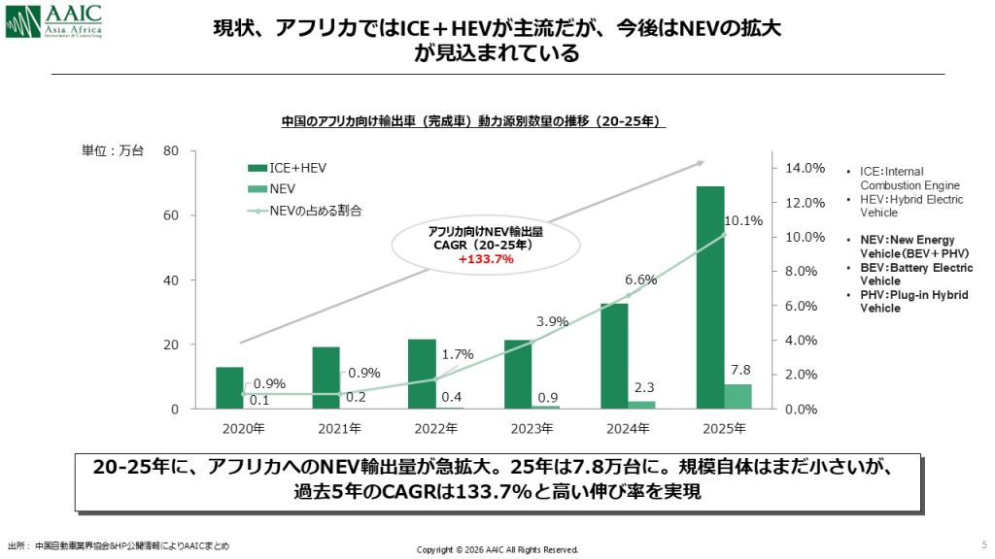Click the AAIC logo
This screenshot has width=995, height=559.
(x=65, y=22)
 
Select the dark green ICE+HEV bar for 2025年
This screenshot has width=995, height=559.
(x=710, y=297)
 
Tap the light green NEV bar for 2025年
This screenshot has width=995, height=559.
(x=738, y=396)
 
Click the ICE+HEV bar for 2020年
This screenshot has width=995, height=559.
(x=229, y=387)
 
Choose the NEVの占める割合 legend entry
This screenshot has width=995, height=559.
(x=311, y=209)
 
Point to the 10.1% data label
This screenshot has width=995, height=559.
(x=744, y=220)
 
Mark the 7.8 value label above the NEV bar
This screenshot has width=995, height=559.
(x=738, y=370)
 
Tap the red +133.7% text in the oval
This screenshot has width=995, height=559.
(x=485, y=259)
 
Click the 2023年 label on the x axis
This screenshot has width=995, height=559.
(x=531, y=428)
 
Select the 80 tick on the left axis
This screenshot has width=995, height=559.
(x=171, y=150)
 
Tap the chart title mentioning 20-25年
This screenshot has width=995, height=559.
(x=472, y=121)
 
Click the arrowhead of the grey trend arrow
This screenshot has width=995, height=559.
(x=699, y=164)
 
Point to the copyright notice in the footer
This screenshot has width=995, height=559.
(x=497, y=549)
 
